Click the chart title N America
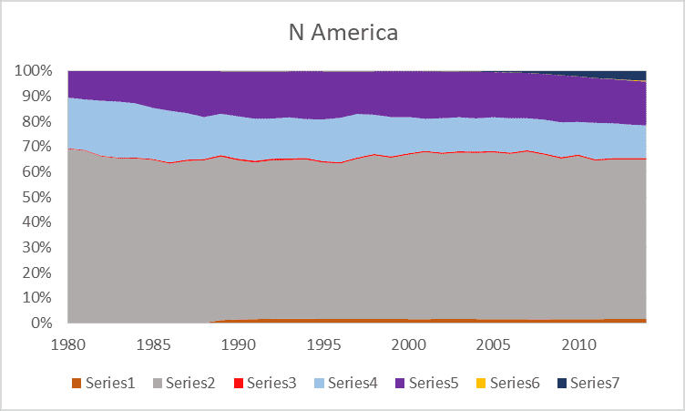coord(342,34)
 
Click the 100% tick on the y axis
coord(35,71)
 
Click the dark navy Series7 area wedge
coord(633,76)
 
